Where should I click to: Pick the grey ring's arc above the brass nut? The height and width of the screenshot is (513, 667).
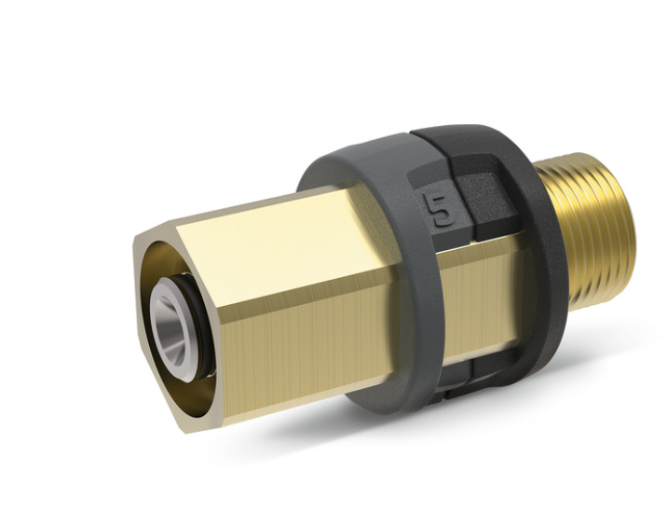[x=354, y=168]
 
